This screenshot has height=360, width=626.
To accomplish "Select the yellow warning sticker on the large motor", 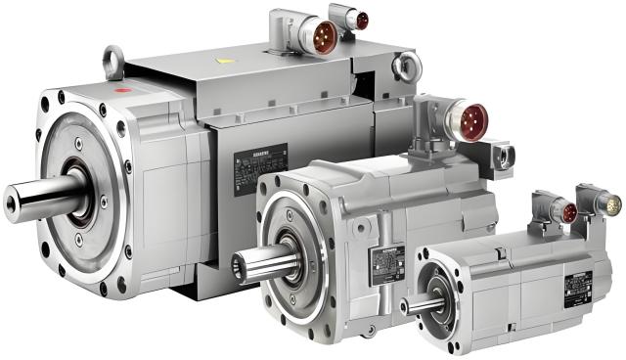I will click(227, 60).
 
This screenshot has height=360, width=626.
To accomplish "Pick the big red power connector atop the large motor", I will click(317, 36).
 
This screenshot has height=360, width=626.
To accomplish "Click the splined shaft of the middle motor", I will click(259, 262).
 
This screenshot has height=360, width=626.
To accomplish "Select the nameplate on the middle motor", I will click(386, 262).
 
